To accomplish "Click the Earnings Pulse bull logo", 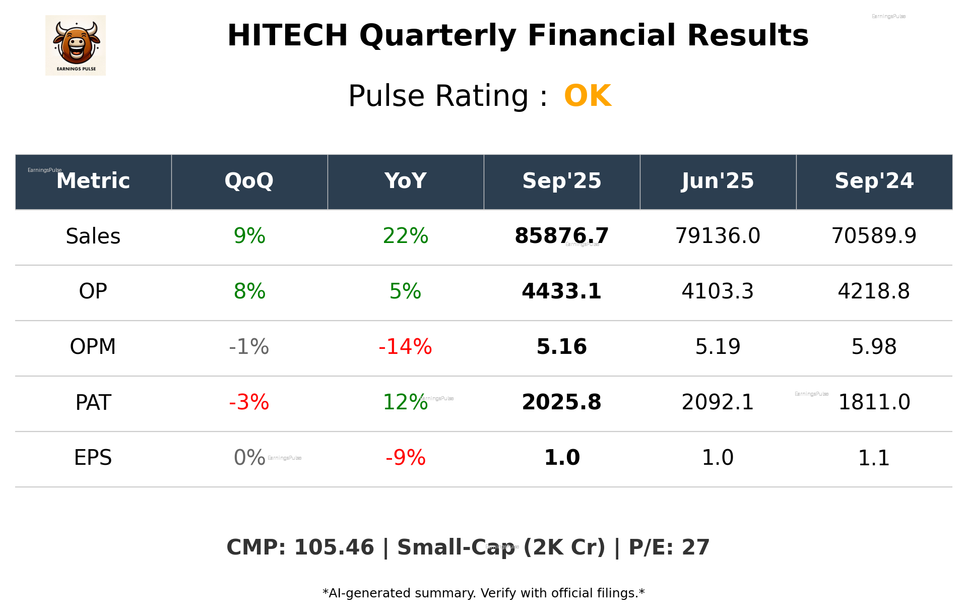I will click(x=76, y=45).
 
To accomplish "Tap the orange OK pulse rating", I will click(x=588, y=96).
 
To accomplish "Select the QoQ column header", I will click(x=249, y=181).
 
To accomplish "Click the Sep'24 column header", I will click(x=874, y=181).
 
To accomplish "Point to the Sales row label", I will click(x=93, y=236).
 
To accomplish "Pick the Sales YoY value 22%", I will click(x=405, y=236).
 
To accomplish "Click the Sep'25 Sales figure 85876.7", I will click(x=561, y=236).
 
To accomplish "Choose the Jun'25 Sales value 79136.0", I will click(x=718, y=236).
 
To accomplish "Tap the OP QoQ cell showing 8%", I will click(x=249, y=292).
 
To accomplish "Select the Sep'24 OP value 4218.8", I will click(x=874, y=292).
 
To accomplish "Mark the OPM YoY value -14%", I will click(x=405, y=347).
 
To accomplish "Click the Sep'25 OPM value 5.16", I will click(x=561, y=347).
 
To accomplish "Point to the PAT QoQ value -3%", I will click(x=249, y=403).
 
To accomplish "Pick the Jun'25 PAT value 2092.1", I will click(x=718, y=403).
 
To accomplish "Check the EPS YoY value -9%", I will click(x=405, y=458).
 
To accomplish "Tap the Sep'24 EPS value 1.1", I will click(x=874, y=458).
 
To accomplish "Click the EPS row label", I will click(x=93, y=458).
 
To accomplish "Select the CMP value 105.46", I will click(x=334, y=548).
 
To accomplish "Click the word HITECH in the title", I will click(x=287, y=36).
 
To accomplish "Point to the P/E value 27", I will click(x=696, y=548).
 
